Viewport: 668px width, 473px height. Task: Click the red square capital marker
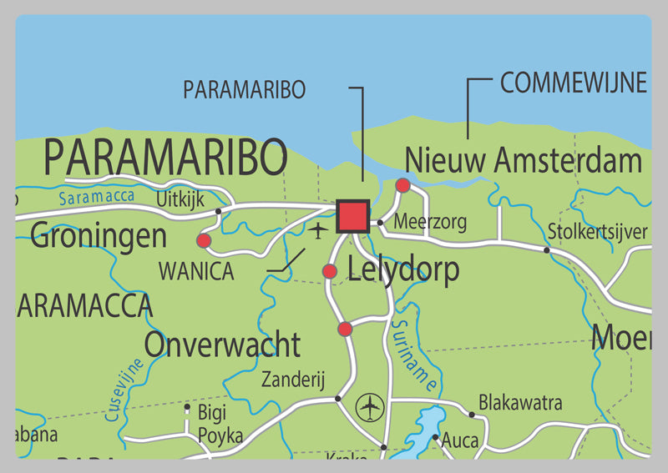pos(352,216)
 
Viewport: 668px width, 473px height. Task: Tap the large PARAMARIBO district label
pos(165,157)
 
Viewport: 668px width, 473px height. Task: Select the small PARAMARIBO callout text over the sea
pos(244,90)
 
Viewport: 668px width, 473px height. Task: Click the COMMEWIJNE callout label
pos(573,83)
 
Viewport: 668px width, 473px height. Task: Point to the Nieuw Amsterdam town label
pos(523,159)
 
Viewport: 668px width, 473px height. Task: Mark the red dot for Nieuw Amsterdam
pos(402,185)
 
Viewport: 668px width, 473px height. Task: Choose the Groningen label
pos(99,236)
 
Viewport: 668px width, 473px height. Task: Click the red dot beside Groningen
pos(204,241)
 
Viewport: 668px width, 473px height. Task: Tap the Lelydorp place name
pos(402,269)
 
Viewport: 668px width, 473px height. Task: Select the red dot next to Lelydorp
pos(330,271)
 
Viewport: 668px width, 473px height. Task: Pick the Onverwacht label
pos(221,344)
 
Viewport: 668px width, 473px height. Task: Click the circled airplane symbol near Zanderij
pos(368,408)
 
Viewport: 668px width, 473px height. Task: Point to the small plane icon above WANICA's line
pos(317,230)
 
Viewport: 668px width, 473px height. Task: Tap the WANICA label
pos(196,271)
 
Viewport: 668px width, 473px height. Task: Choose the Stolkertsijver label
pos(597,231)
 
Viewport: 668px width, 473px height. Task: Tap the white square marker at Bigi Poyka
pos(187,408)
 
